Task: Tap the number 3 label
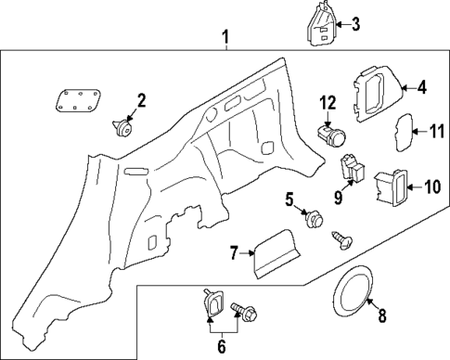tap(354, 24)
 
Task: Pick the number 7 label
tap(235, 251)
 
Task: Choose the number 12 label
tap(327, 101)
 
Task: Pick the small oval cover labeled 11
tap(405, 132)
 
